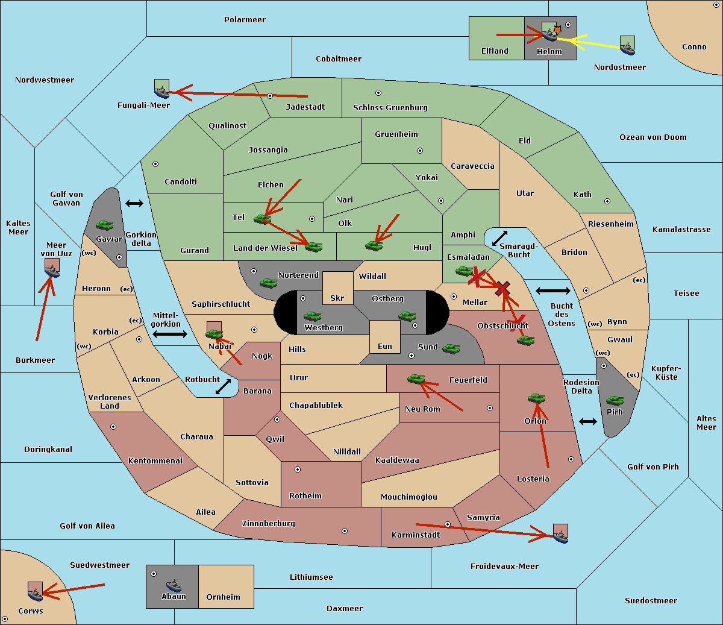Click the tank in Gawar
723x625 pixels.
point(105,225)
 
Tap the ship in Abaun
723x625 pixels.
point(174,585)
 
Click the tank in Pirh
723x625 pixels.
point(615,400)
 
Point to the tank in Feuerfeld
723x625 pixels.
point(416,379)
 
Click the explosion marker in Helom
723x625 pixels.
point(557,30)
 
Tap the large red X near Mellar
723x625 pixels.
point(502,289)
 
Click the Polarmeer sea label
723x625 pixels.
point(245,20)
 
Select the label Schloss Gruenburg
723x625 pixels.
point(390,107)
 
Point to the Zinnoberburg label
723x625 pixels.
point(269,524)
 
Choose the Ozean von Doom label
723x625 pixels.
point(653,137)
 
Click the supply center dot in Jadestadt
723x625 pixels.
point(270,96)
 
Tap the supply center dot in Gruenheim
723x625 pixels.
point(420,151)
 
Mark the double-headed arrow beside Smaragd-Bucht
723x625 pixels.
point(499,238)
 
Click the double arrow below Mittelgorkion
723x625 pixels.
point(170,334)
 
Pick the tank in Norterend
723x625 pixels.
point(268,283)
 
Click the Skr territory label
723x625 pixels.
point(337,298)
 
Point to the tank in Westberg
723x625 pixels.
point(312,316)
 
